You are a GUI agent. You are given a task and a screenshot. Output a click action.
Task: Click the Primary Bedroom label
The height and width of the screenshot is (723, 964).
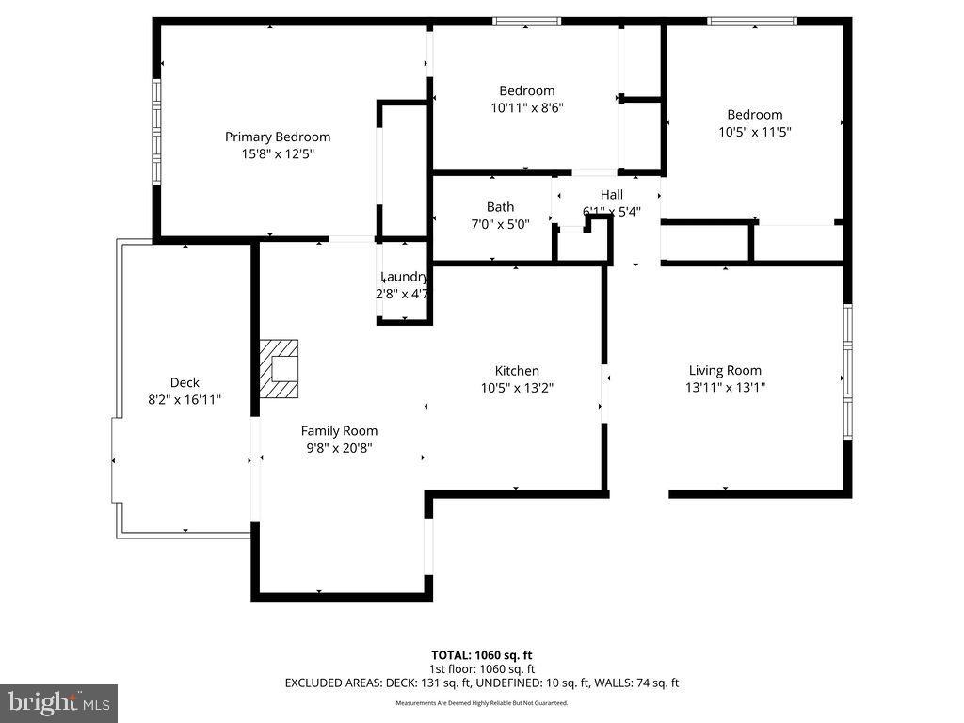pos(278,137)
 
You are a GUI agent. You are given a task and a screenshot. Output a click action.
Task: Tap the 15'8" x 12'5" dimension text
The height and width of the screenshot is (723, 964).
pos(278,153)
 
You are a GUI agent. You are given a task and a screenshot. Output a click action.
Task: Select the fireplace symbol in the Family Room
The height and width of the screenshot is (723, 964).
pos(280,369)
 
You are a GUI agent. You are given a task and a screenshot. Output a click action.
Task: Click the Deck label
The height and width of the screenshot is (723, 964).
pos(185,382)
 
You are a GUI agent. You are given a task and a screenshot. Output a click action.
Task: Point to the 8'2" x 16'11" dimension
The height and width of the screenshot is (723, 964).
pos(185,399)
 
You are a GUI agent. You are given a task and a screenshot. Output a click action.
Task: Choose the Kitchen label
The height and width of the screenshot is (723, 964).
pos(517,371)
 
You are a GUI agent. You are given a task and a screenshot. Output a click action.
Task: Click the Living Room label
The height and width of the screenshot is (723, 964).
pos(725,370)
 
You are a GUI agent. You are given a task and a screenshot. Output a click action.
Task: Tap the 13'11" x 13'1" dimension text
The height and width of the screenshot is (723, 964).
pos(725,387)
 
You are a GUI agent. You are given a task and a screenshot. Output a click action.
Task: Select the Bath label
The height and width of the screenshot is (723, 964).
pos(500,207)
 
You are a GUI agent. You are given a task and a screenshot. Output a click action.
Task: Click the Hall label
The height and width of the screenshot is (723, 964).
pos(612,195)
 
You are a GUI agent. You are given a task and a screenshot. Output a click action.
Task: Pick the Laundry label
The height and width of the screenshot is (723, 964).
pos(404,277)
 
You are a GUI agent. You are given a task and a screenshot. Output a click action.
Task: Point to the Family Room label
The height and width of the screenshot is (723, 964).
pos(339,431)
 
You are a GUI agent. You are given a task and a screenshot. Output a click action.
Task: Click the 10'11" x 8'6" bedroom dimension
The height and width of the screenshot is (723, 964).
pos(526,107)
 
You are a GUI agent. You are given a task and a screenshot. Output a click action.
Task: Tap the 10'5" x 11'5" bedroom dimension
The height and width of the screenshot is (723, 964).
pos(754,132)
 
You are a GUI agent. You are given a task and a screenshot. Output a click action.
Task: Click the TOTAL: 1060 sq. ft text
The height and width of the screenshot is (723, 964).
pos(482,655)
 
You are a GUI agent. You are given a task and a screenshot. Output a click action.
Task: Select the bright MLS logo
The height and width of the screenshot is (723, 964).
pos(58,702)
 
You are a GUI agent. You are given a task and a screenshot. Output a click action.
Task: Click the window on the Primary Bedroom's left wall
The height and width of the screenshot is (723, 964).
pos(157,130)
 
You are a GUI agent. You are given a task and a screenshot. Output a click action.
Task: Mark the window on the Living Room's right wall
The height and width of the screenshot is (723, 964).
pos(847,372)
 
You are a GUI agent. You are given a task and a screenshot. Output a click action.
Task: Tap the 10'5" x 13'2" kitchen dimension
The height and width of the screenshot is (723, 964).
pos(517,388)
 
